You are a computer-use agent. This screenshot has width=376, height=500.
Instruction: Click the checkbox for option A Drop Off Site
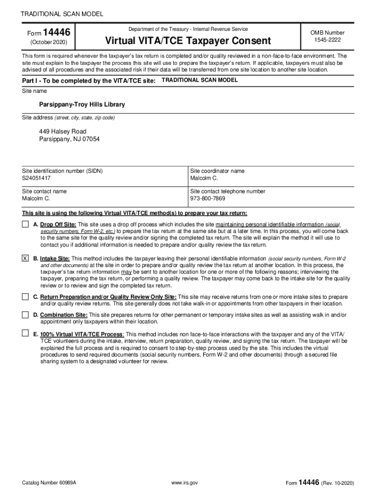point(25,225)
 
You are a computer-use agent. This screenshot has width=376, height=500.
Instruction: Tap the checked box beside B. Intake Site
point(25,258)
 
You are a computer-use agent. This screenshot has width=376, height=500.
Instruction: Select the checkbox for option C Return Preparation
point(25,296)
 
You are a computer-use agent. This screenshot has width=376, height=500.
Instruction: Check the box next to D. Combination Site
point(25,315)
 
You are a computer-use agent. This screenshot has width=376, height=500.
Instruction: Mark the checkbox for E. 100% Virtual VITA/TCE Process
point(25,333)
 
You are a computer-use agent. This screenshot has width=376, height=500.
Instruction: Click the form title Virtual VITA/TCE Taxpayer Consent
point(188,41)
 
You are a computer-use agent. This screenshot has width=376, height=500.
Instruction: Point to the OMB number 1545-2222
point(327,41)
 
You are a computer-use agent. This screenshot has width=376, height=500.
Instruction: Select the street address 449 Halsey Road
point(63,131)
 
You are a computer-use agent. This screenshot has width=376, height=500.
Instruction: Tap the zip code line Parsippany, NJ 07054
point(69,139)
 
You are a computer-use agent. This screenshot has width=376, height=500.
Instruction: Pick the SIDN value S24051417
point(36,179)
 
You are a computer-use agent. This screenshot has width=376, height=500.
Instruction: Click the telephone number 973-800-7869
point(208,199)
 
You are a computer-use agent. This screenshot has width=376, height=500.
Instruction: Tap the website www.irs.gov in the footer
point(184,483)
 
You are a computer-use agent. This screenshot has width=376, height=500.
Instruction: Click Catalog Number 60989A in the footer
point(49,483)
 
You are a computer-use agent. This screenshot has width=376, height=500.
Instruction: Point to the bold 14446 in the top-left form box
point(57,33)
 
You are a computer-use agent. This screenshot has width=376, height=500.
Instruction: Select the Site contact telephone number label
point(228,191)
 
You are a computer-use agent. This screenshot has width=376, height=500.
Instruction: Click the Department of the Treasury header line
point(188,29)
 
